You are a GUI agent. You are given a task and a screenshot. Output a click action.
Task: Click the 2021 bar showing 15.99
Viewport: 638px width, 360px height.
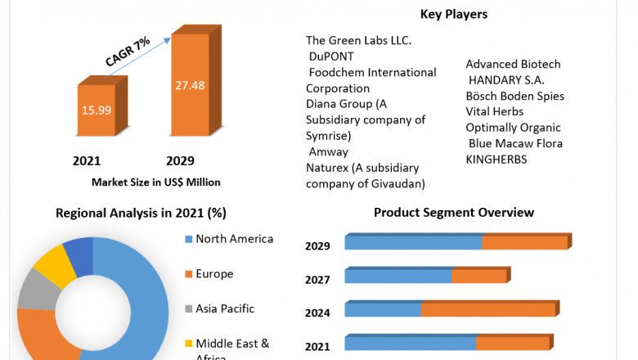click(x=96, y=110)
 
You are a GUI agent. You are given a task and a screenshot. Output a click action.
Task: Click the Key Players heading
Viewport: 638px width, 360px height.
click(x=453, y=14)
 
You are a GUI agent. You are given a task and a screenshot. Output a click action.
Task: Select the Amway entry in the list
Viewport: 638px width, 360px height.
click(x=329, y=151)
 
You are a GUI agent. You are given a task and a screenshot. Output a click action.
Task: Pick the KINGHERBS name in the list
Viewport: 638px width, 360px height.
click(x=496, y=160)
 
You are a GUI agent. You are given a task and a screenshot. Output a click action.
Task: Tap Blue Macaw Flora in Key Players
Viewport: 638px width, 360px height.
click(x=515, y=143)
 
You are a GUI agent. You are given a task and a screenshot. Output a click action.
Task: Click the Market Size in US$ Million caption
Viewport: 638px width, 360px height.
click(x=156, y=182)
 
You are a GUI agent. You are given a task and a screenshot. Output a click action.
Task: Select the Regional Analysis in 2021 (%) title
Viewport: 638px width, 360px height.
click(x=141, y=213)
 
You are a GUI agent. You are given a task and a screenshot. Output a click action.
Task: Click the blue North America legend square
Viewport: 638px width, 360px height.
click(x=189, y=240)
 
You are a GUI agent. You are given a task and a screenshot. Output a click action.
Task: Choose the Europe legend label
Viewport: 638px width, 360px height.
click(x=214, y=274)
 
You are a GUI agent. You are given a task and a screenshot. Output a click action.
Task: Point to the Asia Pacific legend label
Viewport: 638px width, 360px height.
click(x=225, y=308)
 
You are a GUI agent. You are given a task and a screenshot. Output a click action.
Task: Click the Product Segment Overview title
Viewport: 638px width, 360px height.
click(x=454, y=213)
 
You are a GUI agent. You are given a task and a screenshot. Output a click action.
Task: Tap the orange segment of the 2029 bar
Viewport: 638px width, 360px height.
click(x=524, y=243)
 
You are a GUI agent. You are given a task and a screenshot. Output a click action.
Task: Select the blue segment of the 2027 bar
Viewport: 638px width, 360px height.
click(x=398, y=277)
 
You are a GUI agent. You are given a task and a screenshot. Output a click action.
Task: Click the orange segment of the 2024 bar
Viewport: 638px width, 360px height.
click(x=487, y=309)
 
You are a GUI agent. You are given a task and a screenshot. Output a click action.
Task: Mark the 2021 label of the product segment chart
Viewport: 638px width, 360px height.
click(x=317, y=347)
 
